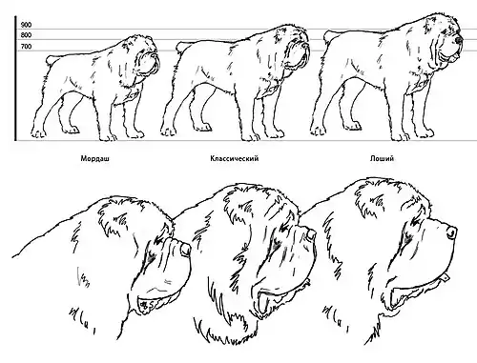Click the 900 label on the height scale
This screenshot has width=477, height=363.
click(26, 25)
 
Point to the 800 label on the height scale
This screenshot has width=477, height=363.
click(26, 35)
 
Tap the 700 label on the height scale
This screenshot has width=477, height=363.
click(26, 47)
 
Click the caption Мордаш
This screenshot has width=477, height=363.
click(94, 158)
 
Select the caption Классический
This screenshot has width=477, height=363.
click(235, 158)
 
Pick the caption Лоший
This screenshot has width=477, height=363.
click(382, 158)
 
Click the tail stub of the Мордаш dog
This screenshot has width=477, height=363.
click(51, 60)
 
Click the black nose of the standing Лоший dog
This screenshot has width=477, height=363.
click(458, 40)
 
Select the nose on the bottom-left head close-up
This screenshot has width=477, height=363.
click(185, 250)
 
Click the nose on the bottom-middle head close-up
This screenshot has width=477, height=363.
click(312, 234)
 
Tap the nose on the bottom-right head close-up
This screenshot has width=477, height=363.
click(451, 233)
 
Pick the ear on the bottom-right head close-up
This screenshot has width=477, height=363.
click(379, 198)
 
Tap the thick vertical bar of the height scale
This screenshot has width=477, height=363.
click(15, 78)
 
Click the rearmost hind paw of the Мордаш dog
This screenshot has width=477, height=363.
click(38, 133)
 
